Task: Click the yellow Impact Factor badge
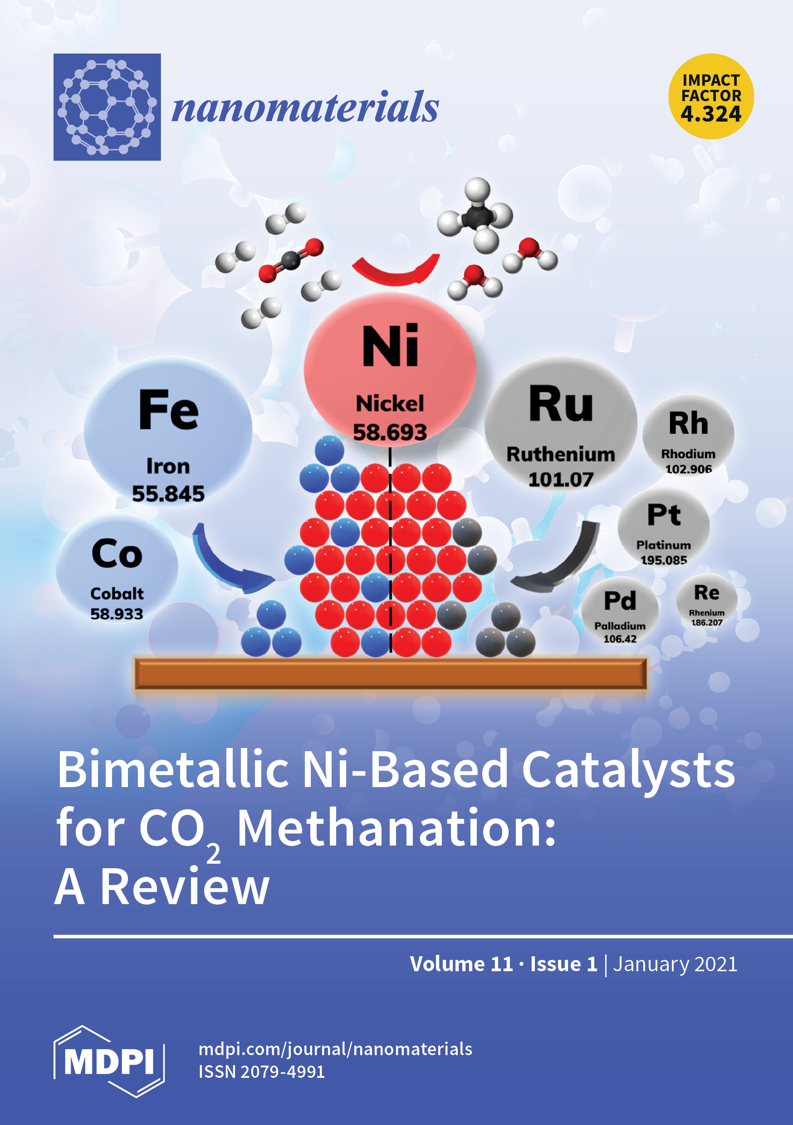click(711, 97)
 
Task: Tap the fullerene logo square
click(107, 107)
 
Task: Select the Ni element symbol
click(390, 346)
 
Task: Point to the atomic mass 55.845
click(168, 494)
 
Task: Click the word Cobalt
click(117, 593)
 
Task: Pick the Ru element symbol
click(561, 404)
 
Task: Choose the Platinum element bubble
click(664, 529)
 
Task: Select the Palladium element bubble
click(620, 612)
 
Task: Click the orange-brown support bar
click(391, 674)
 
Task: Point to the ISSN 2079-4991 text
click(261, 1071)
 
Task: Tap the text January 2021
click(675, 964)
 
